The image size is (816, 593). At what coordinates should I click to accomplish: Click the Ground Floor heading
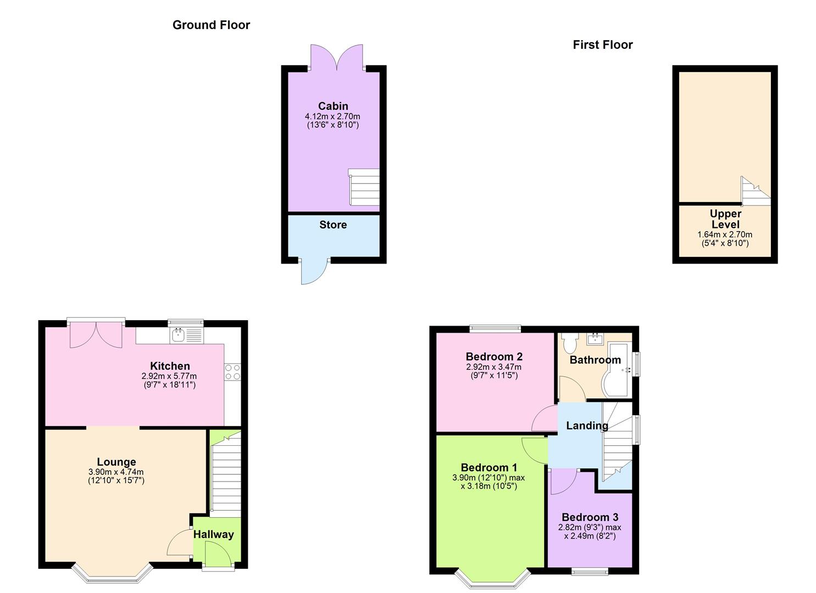coord(211,25)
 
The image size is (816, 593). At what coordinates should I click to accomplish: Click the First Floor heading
coord(603,44)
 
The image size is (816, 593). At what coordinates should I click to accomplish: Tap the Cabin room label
coord(333,106)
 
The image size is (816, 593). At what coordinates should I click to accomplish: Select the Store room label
coord(333,225)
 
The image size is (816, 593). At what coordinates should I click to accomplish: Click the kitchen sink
coord(178,335)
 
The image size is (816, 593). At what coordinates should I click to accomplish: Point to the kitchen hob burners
coord(232,372)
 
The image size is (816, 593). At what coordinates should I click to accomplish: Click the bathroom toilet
coord(568,343)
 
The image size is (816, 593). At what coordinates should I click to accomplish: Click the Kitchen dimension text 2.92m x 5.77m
coord(169,376)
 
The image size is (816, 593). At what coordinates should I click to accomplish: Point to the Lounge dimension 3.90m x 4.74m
coord(116,472)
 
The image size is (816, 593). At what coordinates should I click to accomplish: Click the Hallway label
coord(213,534)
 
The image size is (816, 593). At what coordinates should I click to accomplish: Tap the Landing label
coord(587,426)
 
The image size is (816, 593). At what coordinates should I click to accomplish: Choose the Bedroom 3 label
coord(590,517)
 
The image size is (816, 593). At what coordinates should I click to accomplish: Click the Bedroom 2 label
coord(494,357)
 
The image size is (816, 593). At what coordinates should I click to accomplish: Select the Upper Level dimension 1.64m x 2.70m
coord(725,234)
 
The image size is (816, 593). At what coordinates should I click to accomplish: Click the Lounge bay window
coord(112,574)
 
